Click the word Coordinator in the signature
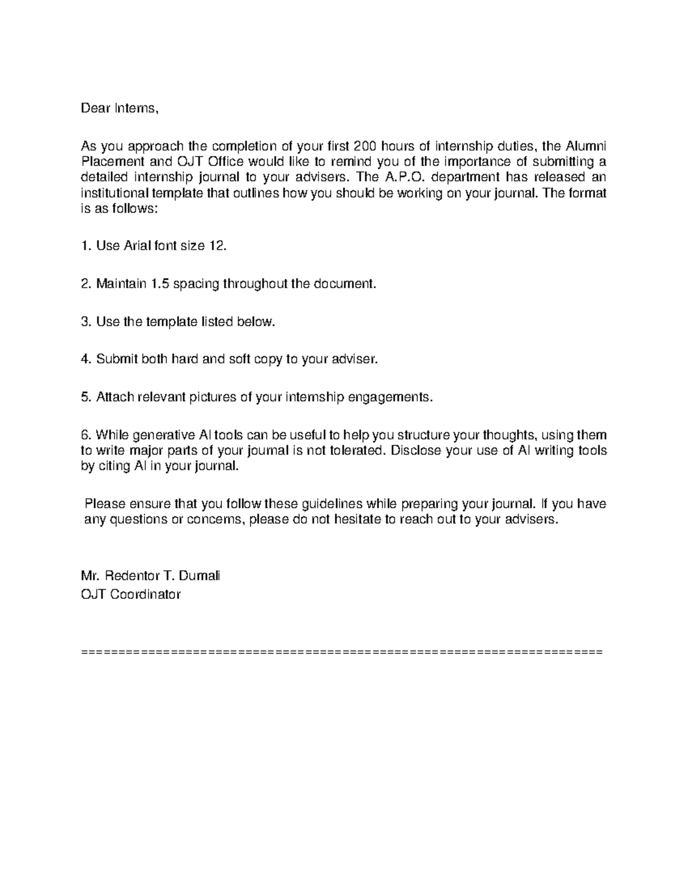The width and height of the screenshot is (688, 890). coord(146,594)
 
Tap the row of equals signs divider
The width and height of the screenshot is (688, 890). coord(343,652)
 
